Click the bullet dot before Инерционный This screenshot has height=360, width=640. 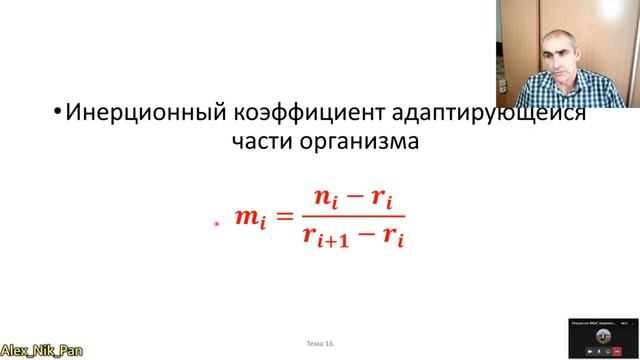pyautogui.click(x=57, y=113)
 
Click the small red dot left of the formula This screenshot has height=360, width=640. pyautogui.click(x=216, y=225)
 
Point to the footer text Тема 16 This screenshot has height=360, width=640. pyautogui.click(x=324, y=344)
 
